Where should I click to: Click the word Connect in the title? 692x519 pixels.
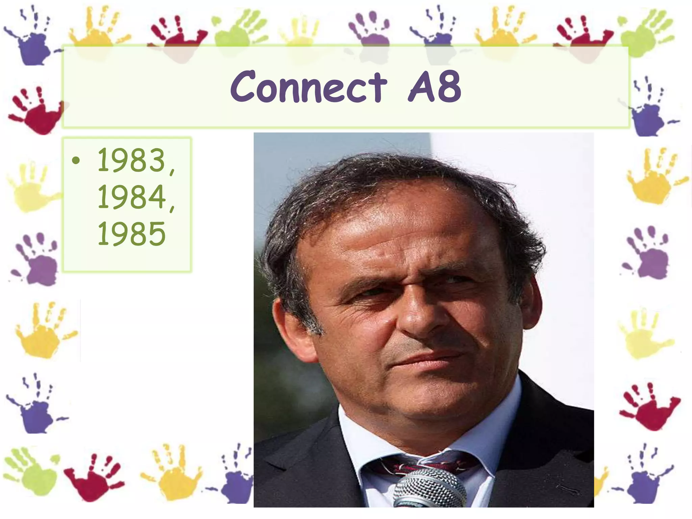308,87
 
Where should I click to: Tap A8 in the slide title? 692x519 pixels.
435,87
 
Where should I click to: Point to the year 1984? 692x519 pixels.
132,197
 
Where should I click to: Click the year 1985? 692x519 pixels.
131,233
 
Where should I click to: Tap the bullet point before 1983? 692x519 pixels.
76,160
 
